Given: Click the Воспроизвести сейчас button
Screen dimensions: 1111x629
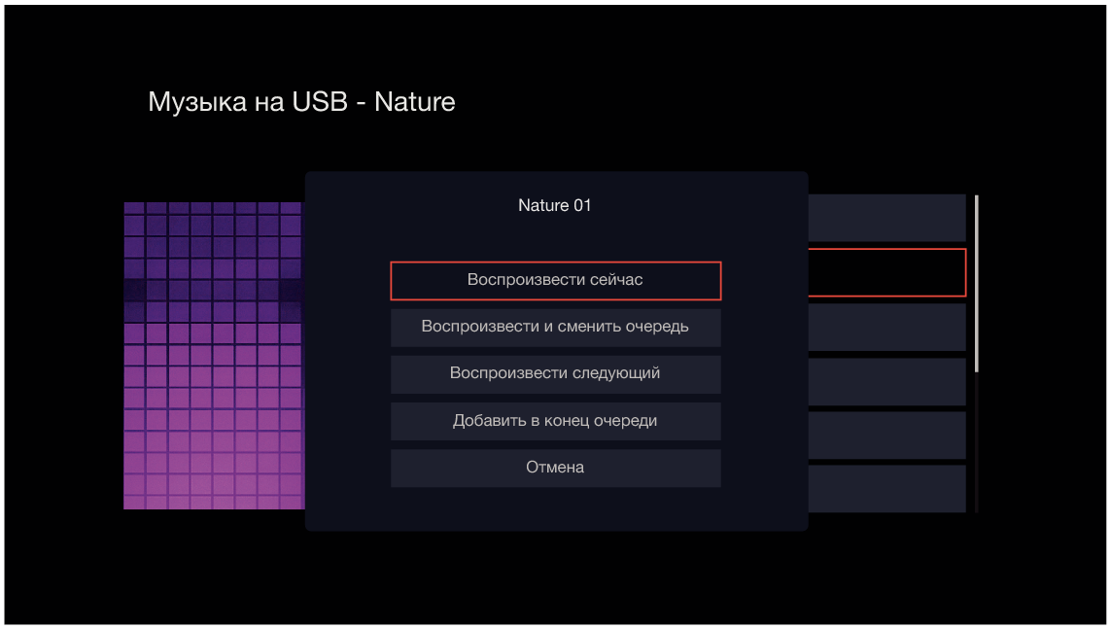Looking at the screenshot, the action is coord(556,281).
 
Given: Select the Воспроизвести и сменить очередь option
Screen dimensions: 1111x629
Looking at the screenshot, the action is coord(556,328).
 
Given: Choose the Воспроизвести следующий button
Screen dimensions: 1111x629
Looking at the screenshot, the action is coord(556,374).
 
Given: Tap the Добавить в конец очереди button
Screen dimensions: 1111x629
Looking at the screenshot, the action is coord(556,421).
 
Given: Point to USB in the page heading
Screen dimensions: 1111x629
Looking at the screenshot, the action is coord(320,101).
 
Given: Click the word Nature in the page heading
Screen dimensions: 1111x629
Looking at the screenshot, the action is coord(414,101).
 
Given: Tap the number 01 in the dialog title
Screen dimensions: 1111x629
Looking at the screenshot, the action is coord(582,205).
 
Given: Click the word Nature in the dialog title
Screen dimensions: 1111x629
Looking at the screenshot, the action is coord(543,205).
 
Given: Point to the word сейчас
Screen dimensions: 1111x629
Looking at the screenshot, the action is coord(615,280).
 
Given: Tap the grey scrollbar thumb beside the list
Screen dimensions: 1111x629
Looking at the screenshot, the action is coord(976,283).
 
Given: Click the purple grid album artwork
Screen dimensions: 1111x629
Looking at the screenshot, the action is coord(214,356).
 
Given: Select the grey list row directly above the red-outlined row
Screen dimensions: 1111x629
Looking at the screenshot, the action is coord(887,218).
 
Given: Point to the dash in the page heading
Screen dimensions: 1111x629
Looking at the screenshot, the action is coord(362,103).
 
